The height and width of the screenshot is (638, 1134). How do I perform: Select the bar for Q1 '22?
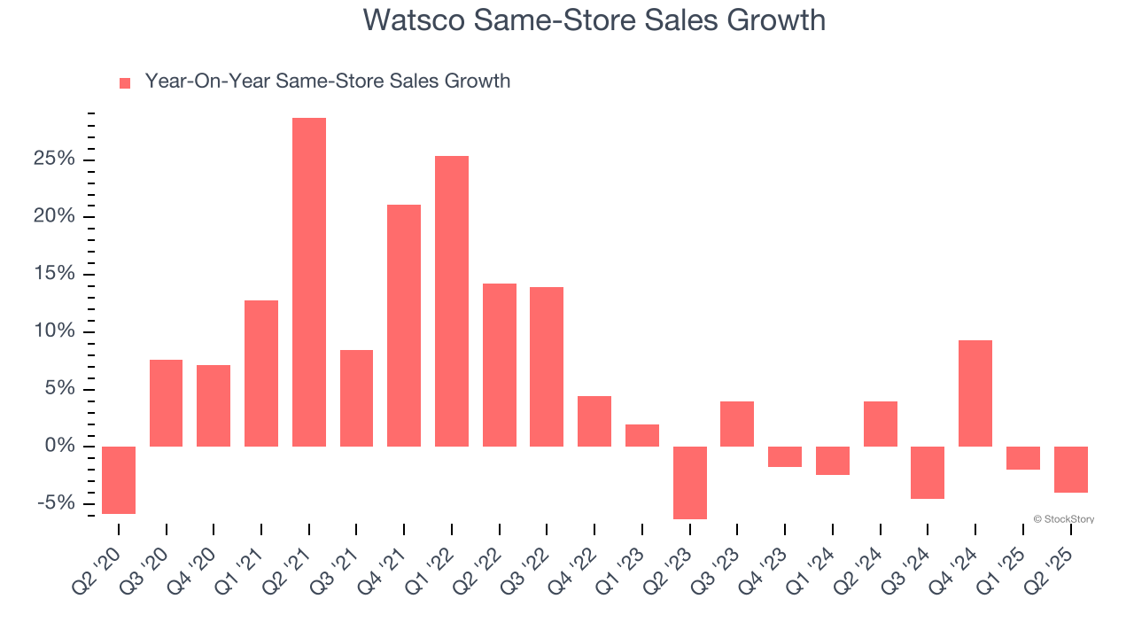[x=452, y=301]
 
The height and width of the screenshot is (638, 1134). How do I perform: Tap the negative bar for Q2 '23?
[x=690, y=482]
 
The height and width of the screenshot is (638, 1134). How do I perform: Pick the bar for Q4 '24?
[x=975, y=393]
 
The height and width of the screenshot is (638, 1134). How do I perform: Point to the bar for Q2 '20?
[x=119, y=479]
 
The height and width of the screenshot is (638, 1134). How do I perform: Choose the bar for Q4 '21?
[x=404, y=325]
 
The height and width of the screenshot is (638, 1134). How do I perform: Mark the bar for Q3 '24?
[x=928, y=472]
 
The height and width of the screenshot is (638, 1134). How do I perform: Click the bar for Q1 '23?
[x=642, y=435]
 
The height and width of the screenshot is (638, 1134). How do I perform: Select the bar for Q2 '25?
[x=1070, y=470]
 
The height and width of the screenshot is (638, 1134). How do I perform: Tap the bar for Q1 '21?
[x=261, y=373]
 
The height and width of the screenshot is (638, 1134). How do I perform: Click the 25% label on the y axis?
[x=54, y=159]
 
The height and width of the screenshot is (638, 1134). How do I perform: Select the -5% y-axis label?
[x=57, y=503]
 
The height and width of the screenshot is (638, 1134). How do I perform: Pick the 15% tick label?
[x=54, y=274]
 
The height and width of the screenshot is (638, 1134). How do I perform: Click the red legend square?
[x=125, y=82]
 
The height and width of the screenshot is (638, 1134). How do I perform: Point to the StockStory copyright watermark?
[x=1064, y=519]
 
